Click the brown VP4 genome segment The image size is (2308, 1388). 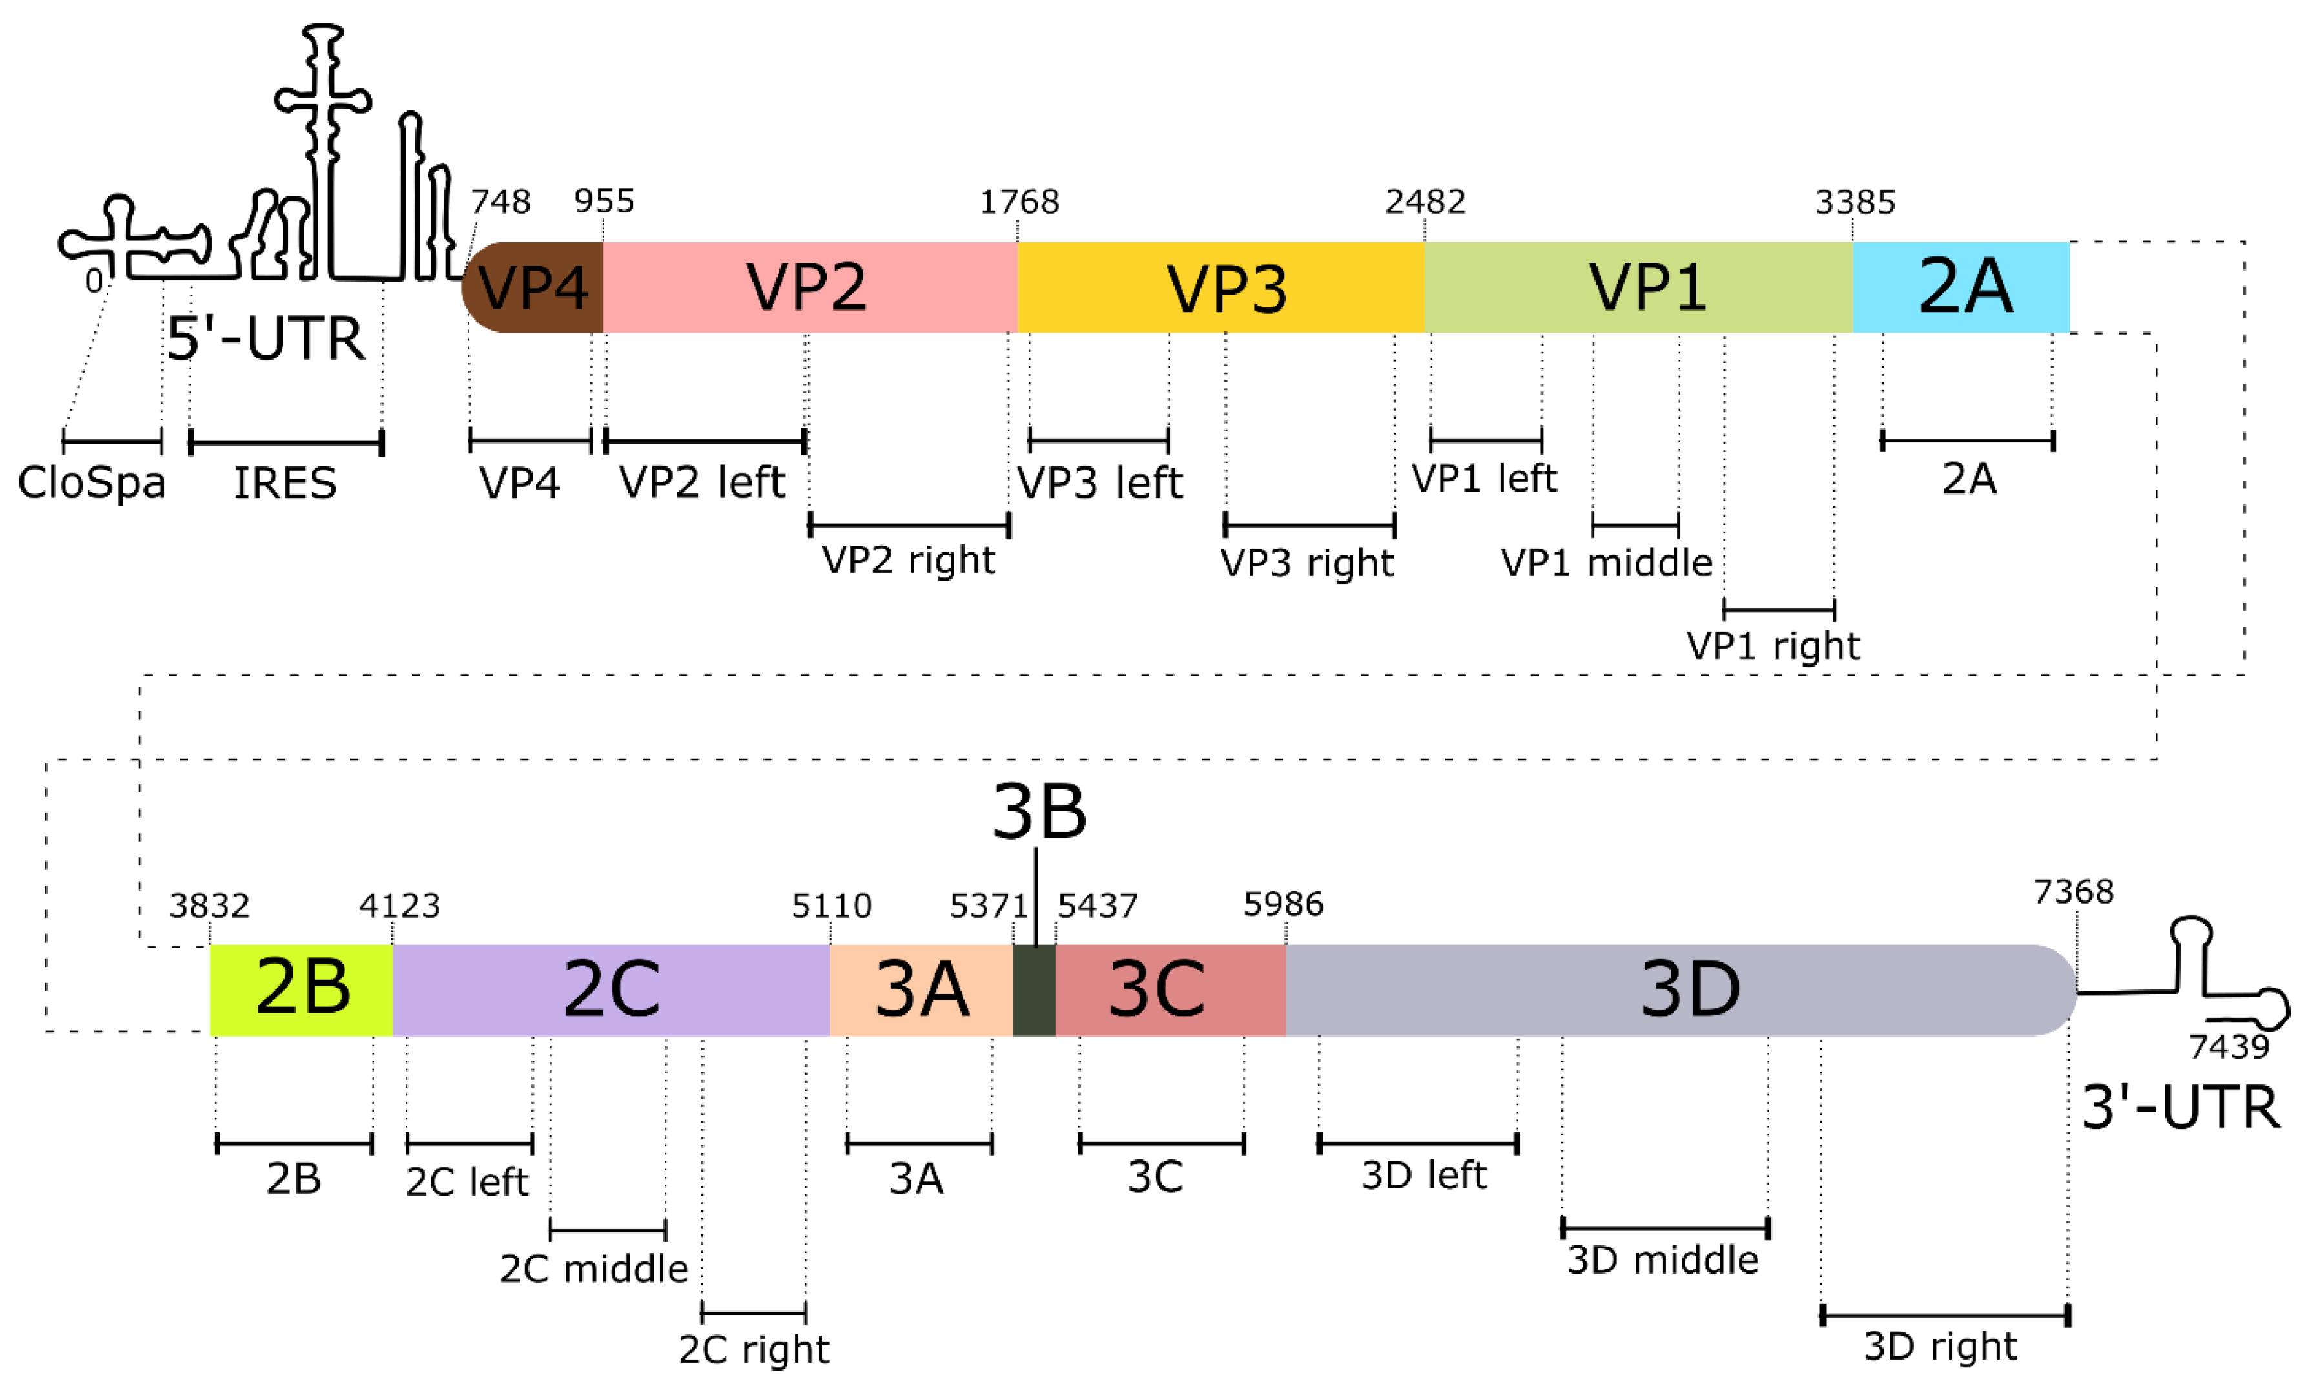[533, 287]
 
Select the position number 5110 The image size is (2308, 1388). [830, 906]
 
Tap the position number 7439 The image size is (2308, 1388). [2229, 1046]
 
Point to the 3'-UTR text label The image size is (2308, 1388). [2180, 1108]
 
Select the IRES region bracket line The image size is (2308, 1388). [286, 442]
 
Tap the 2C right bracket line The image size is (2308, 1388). [753, 1312]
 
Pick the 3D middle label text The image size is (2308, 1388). [1663, 1261]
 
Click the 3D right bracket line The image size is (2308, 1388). [1944, 1316]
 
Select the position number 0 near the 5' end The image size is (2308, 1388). [94, 280]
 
